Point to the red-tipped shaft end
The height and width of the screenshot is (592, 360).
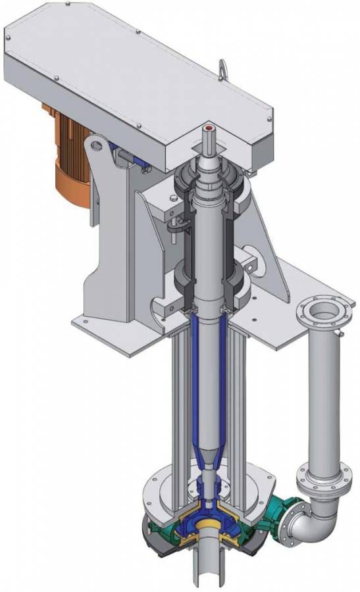pyautogui.click(x=210, y=127)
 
